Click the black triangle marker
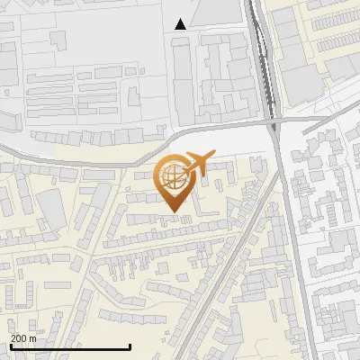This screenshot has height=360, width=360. point(181,24)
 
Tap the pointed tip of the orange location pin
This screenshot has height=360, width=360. point(172,212)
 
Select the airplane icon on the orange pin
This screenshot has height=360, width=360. point(198,163)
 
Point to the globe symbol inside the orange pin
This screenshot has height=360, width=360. point(172,177)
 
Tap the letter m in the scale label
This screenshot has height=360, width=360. point(33,338)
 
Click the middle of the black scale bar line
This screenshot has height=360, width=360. point(70,346)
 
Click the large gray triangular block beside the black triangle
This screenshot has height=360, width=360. point(216,11)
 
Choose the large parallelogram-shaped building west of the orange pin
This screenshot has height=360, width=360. point(54,209)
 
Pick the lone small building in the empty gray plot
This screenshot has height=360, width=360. point(59,40)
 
